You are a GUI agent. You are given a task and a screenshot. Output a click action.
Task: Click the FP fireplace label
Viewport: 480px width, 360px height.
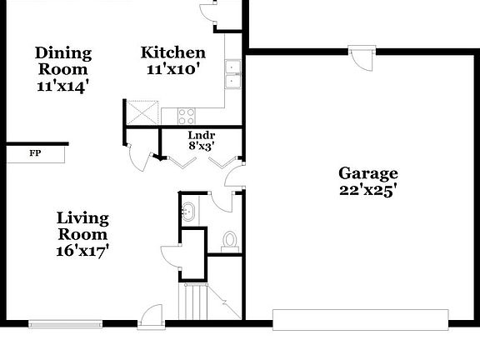tap(35, 153)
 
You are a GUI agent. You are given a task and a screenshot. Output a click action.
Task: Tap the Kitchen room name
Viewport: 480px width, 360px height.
tap(173, 52)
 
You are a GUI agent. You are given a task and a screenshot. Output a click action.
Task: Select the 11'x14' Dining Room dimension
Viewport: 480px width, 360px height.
tap(64, 86)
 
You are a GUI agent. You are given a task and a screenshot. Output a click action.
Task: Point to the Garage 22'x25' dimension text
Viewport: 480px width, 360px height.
tap(368, 191)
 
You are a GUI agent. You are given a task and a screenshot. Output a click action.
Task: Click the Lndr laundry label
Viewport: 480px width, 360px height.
tap(202, 135)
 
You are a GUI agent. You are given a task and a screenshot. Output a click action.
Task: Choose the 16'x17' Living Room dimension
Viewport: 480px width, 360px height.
tap(82, 251)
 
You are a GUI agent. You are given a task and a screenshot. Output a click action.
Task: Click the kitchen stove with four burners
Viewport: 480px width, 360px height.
tap(187, 117)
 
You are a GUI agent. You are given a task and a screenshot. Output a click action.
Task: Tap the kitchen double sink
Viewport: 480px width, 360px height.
tap(232, 74)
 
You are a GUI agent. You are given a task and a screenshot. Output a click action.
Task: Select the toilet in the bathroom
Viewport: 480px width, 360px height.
tap(230, 242)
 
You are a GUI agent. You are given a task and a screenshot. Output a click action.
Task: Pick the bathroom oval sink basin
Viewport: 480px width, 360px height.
tap(188, 211)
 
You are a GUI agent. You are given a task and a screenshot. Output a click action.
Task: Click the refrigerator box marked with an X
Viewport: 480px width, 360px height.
tap(142, 112)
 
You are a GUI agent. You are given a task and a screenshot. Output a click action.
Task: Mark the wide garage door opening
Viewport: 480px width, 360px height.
tap(361, 320)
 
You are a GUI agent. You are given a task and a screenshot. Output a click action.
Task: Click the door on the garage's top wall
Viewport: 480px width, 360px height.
tap(362, 58)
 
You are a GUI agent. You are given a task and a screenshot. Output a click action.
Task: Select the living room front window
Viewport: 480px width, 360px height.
tap(66, 324)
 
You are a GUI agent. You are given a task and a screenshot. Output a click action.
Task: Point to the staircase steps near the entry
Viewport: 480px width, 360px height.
tap(193, 302)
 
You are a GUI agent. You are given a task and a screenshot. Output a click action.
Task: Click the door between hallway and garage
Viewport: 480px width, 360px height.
tap(235, 175)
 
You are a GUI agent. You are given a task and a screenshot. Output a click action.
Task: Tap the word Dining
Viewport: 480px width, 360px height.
tap(63, 53)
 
